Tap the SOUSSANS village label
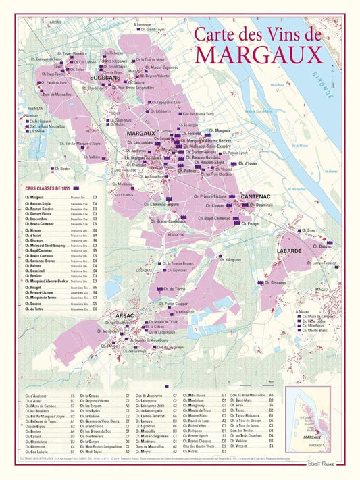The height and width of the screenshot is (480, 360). tap(104, 78)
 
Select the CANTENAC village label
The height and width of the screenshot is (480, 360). tap(256, 196)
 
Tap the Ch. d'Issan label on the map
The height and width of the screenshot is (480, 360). tap(246, 163)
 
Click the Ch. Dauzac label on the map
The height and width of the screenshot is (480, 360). tap(322, 246)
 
